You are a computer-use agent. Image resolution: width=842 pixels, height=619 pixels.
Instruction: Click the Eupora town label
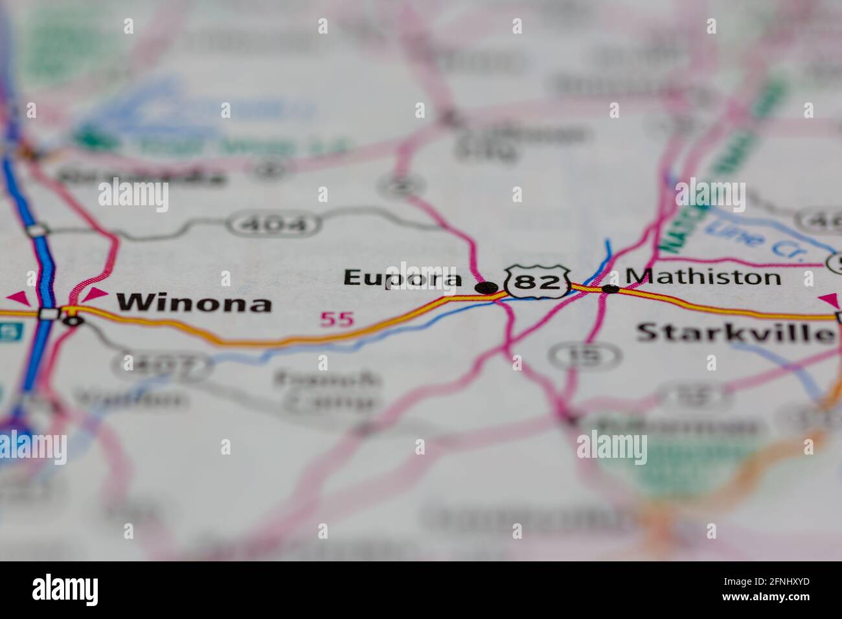(402, 278)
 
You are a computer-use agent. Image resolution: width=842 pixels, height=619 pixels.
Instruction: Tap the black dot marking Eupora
(485, 287)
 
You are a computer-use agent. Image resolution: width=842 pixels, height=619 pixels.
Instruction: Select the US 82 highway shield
(538, 282)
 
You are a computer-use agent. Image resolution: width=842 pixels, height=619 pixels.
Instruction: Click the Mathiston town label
(703, 277)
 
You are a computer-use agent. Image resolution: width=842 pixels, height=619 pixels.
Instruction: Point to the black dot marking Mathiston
(610, 289)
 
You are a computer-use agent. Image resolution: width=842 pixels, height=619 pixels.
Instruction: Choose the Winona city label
(194, 302)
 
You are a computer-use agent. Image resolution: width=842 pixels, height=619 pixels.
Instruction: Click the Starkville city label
(735, 333)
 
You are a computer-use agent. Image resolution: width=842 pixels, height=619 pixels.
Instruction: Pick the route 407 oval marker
(161, 366)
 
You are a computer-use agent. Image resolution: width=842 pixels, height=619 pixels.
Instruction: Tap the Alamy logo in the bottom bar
(65, 590)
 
